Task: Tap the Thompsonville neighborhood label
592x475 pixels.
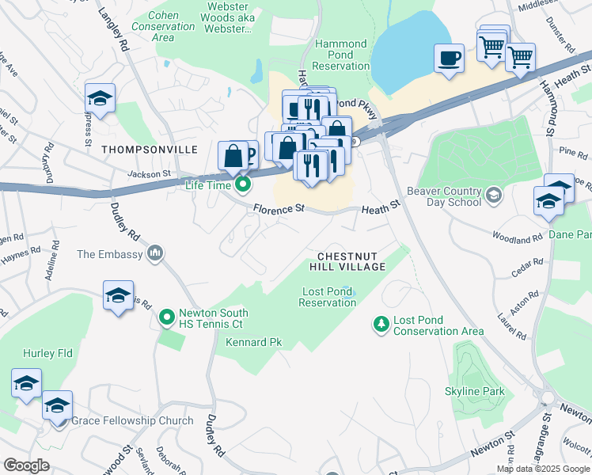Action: coord(139,149)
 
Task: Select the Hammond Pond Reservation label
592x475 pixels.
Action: coord(341,55)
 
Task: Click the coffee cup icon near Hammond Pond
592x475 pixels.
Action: coord(450,58)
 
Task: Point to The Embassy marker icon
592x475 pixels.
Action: coord(156,253)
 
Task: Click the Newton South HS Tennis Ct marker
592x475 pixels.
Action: coord(167,318)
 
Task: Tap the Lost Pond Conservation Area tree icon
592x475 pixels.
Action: coord(381,324)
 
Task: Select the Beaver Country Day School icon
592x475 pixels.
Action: coord(494,195)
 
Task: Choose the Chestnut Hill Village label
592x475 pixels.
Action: coord(351,262)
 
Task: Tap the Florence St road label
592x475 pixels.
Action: coord(279,210)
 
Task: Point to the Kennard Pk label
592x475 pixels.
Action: coord(253,343)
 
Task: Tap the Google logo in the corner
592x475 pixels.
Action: coord(26,465)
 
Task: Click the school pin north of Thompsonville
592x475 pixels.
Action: coord(101,98)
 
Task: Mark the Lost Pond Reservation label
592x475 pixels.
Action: coord(328,297)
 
